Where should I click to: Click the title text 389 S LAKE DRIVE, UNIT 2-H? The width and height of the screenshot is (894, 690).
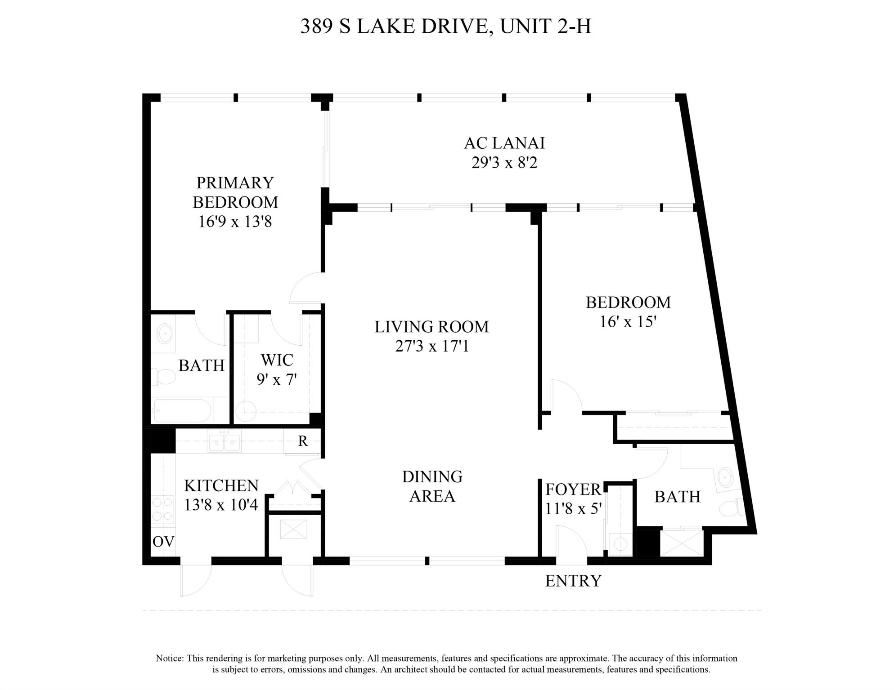coord(445,27)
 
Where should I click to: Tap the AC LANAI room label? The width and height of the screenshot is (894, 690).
coord(504,143)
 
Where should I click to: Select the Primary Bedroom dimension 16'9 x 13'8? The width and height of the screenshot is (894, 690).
coord(235,222)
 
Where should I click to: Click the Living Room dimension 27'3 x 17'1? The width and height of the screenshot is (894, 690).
coord(431,346)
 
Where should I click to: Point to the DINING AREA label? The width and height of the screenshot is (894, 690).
coord(432,486)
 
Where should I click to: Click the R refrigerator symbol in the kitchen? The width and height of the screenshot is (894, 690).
coord(303,441)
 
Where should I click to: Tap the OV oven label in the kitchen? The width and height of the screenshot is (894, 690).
coord(163,542)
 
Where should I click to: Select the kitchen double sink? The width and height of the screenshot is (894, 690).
coord(224,441)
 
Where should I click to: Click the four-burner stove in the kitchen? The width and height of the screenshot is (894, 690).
coord(162,509)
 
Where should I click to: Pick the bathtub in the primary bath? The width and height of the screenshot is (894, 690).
coord(182,410)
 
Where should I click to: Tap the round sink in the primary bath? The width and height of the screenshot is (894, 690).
coord(164,334)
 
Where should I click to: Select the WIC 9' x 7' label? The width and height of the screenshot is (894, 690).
coord(277,369)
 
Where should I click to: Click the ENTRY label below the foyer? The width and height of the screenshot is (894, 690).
coord(573,581)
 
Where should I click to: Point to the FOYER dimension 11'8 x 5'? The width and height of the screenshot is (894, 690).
coord(573,508)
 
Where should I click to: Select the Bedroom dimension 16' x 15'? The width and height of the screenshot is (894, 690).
coord(628,322)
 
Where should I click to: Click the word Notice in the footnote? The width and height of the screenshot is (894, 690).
coord(170,659)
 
